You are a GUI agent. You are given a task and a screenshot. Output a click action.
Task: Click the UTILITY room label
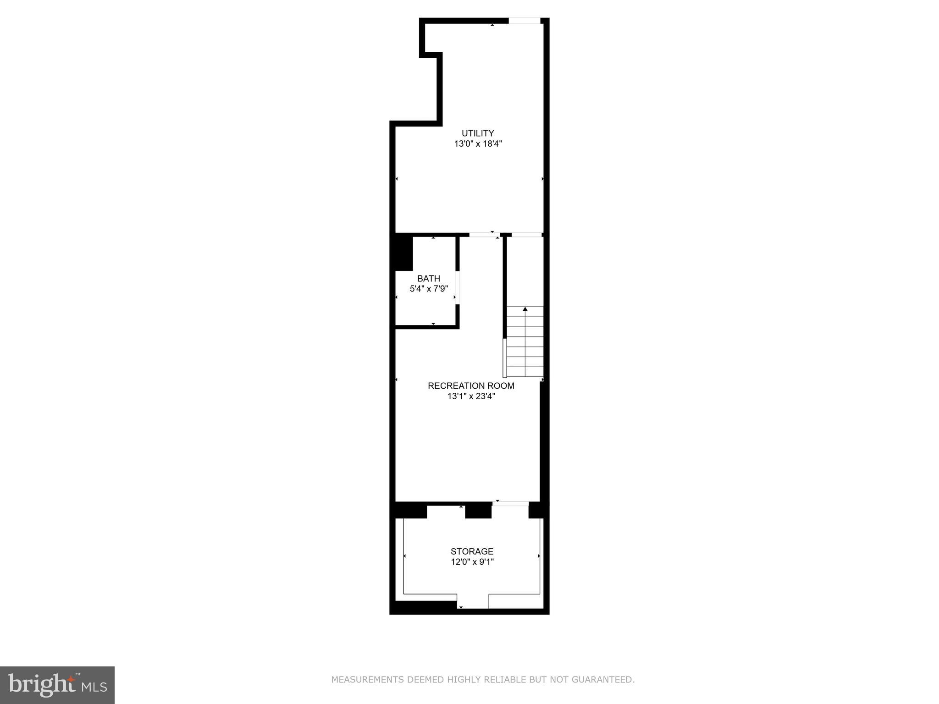[x=478, y=133]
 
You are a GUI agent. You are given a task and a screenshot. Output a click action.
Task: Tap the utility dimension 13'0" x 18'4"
[x=478, y=144]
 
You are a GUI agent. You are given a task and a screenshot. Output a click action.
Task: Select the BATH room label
[x=429, y=279]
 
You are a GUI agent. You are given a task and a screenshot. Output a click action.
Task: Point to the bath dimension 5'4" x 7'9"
[x=429, y=289]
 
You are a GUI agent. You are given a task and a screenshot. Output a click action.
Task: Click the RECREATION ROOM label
[x=471, y=386]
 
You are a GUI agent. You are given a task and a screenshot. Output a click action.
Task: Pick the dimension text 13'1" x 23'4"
[x=471, y=396]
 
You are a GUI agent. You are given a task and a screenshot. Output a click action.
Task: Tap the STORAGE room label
[x=472, y=551]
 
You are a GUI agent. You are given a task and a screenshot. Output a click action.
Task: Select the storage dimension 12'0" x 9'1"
[x=472, y=562]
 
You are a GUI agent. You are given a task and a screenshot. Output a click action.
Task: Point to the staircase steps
[x=525, y=342]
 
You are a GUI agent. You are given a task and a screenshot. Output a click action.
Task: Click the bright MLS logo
[x=57, y=685]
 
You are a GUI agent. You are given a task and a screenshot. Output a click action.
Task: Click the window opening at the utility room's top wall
[x=525, y=21]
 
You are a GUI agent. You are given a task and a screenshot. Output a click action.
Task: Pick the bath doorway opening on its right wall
[x=458, y=288]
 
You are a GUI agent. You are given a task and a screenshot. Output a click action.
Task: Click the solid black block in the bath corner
[x=404, y=252]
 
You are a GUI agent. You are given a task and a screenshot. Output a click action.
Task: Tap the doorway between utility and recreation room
[x=485, y=235]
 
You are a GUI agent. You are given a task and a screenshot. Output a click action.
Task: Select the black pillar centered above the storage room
[x=479, y=511]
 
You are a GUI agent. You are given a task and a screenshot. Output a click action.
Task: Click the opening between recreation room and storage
[x=510, y=504]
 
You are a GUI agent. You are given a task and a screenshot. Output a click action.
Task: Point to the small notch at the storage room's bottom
[x=473, y=601]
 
